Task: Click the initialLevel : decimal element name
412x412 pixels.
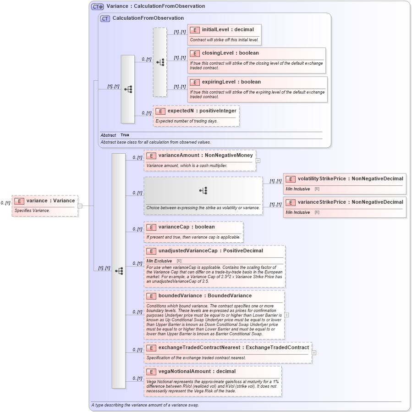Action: pos(228,30)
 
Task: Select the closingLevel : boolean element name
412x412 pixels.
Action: pos(230,53)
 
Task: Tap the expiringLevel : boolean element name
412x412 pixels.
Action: pos(231,82)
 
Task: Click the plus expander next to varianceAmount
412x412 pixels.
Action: pos(258,161)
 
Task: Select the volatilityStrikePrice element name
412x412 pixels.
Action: pos(350,179)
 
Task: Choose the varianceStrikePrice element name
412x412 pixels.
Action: pos(350,202)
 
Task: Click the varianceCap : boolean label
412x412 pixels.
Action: pos(186,227)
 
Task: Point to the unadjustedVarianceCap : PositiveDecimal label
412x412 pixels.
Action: pos(210,251)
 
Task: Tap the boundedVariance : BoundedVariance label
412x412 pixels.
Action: pos(205,296)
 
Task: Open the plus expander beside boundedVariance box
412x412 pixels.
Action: pos(286,315)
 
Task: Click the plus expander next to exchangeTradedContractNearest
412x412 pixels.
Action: pos(314,353)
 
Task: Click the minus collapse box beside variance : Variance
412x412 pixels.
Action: pos(80,206)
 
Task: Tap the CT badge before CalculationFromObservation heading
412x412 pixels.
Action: pos(105,18)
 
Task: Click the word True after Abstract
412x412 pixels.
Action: pos(125,135)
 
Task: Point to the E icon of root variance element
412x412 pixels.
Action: pos(19,201)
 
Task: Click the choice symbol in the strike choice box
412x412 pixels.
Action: pos(203,190)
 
